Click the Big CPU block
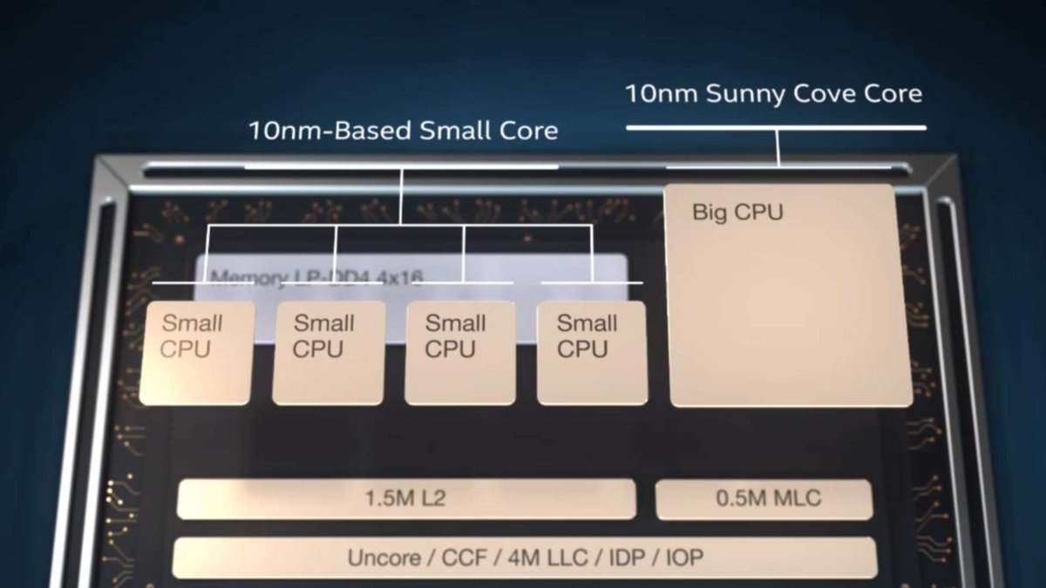[x=789, y=296]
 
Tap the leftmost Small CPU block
[x=197, y=353]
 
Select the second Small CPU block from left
[x=329, y=353]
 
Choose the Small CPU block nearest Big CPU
[x=592, y=353]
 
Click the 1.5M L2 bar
[x=406, y=499]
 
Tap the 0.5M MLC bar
[x=764, y=499]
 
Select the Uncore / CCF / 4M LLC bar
[x=524, y=558]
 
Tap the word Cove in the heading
[x=829, y=94]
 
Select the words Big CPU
[x=737, y=212]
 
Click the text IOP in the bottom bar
[x=683, y=558]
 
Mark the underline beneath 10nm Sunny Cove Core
[x=776, y=128]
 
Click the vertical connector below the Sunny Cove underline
[x=778, y=146]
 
